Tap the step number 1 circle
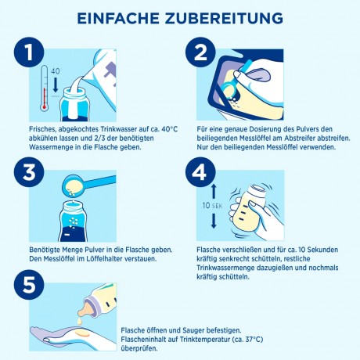[x=30, y=53]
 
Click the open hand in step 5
[x=67, y=333]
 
